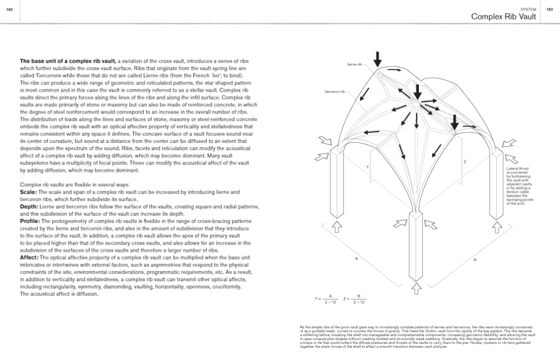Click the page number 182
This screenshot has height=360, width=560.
(9, 10)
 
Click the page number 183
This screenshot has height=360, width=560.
(549, 10)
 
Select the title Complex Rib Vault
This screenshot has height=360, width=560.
(503, 17)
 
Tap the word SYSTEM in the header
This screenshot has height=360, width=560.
(528, 10)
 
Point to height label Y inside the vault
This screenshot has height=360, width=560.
(367, 167)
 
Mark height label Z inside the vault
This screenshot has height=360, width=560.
(465, 161)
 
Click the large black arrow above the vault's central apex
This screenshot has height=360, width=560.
(417, 91)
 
